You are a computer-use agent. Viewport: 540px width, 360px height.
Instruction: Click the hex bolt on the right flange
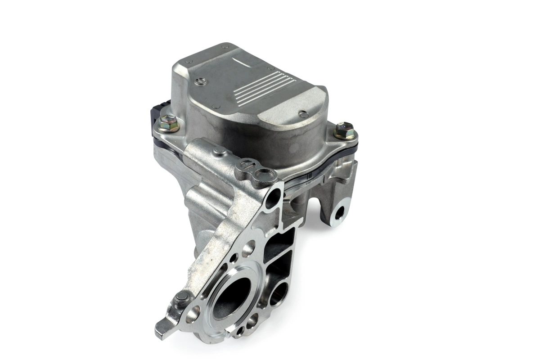tap(344, 130)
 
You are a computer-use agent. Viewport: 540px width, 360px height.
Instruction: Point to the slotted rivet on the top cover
tap(202, 81)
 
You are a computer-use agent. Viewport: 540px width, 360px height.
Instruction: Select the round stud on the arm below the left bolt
tap(220, 152)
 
